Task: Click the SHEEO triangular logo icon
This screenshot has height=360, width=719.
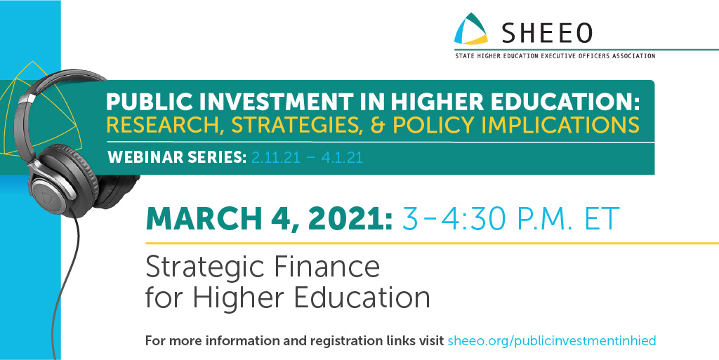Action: pos(470,29)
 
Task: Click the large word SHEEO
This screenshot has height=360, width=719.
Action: pos(546,32)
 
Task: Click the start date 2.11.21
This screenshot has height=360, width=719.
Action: pos(275,158)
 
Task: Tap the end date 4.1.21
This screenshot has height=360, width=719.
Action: pos(341,158)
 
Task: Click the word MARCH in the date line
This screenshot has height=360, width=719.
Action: pos(203,218)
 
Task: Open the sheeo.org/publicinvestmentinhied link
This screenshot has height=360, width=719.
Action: pos(552,341)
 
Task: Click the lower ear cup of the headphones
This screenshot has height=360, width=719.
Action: pos(60,183)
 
